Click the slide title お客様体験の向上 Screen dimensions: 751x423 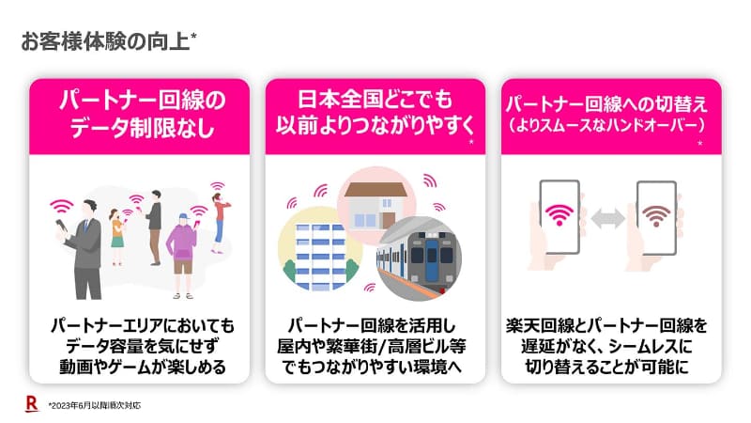point(105,41)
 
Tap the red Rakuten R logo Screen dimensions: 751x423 point(32,403)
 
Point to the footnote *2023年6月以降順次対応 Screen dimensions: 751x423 point(95,405)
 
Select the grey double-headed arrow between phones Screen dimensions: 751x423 point(607,219)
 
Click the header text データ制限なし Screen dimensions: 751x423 point(142,128)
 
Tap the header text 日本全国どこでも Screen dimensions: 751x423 point(375,100)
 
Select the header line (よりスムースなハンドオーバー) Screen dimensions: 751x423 point(606,126)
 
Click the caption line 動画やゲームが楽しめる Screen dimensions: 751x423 point(143,367)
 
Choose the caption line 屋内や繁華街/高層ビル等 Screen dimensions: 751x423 point(372,346)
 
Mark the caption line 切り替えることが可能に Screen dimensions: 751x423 point(606,367)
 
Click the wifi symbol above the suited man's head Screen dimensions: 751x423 point(62,207)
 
